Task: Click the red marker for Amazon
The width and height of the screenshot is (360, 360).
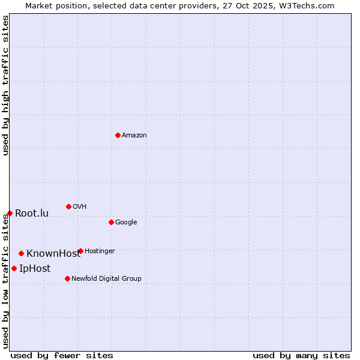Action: coord(118,135)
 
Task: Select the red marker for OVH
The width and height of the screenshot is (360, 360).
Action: coord(68,206)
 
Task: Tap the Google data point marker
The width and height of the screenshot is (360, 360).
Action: coord(111,222)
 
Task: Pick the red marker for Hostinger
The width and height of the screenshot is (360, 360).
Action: coord(80,251)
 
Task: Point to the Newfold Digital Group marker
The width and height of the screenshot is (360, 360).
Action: coord(67,278)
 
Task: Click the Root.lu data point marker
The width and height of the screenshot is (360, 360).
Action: coord(10,213)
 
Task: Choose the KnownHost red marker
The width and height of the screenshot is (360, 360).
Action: coord(21,253)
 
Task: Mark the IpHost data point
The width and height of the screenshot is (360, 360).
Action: coord(14,268)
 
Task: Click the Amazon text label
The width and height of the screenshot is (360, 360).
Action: coord(134,135)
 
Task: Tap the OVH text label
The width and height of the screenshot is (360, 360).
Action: coord(80,206)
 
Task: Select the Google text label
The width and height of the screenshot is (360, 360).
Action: coord(126,222)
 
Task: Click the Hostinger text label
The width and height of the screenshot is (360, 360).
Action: coord(100,251)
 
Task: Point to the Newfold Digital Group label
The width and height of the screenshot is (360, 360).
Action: coord(106,278)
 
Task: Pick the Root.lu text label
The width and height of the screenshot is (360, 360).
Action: coord(32,213)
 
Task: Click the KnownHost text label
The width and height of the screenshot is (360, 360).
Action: coord(53,253)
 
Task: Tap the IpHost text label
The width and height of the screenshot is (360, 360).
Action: coord(35,268)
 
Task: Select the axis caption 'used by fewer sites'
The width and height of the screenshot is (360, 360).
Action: coord(62,355)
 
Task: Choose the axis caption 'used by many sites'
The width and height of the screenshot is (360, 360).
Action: coord(301,355)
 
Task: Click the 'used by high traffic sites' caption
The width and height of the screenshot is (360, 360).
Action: coord(5,85)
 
